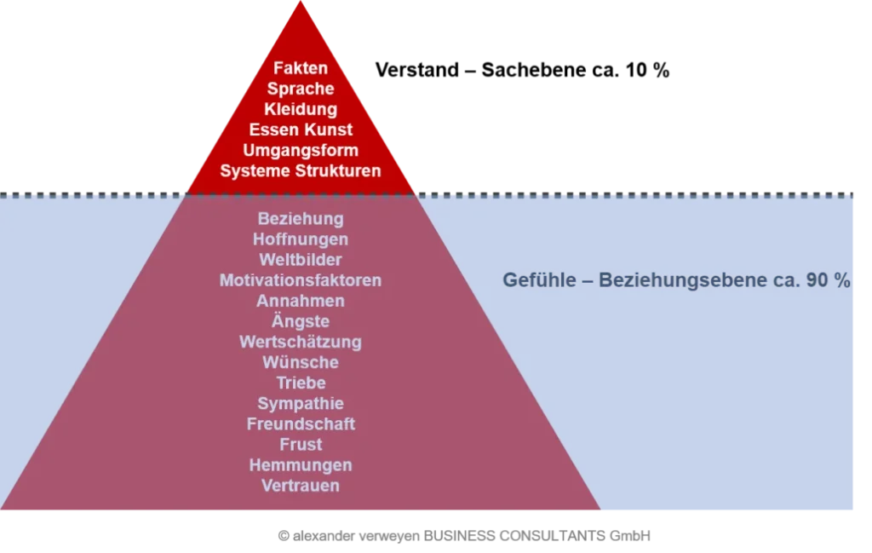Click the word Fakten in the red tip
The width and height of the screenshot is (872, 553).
301,68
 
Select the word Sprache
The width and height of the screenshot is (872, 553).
301,89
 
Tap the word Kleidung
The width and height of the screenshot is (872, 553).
301,109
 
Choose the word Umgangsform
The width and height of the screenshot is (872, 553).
301,150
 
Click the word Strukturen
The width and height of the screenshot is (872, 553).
338,170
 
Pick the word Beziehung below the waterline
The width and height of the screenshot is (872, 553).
301,219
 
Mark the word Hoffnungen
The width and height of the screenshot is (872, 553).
301,239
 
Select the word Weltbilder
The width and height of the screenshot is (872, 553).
301,260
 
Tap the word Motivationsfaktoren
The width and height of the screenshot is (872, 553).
301,280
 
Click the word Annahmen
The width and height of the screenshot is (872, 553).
301,301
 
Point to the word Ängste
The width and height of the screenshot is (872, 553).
301,321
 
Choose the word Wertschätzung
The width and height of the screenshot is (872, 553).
301,342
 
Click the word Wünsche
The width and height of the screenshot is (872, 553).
301,362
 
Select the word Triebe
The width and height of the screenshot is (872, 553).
301,383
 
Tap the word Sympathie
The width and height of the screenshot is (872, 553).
301,403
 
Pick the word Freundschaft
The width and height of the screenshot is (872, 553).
301,423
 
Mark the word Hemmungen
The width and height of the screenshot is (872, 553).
301,465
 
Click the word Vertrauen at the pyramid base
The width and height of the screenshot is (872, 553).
301,486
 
